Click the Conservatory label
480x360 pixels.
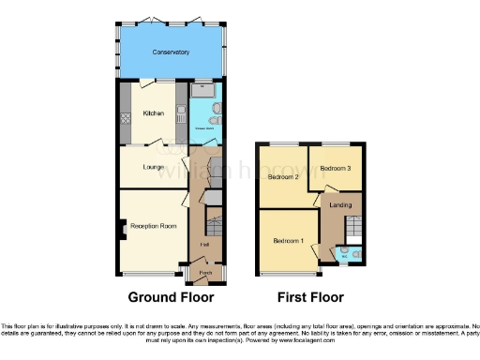click(x=170, y=52)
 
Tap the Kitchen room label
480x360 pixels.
click(x=153, y=113)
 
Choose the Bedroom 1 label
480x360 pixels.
click(x=288, y=241)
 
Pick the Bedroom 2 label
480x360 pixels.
click(x=282, y=176)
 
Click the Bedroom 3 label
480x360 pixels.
click(x=335, y=168)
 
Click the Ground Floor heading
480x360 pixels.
click(x=171, y=297)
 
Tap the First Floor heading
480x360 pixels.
click(x=310, y=297)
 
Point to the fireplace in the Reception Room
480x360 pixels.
click(x=122, y=228)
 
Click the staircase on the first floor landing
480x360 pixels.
click(x=354, y=228)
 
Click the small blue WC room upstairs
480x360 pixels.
click(x=348, y=253)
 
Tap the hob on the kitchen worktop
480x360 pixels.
click(x=125, y=119)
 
